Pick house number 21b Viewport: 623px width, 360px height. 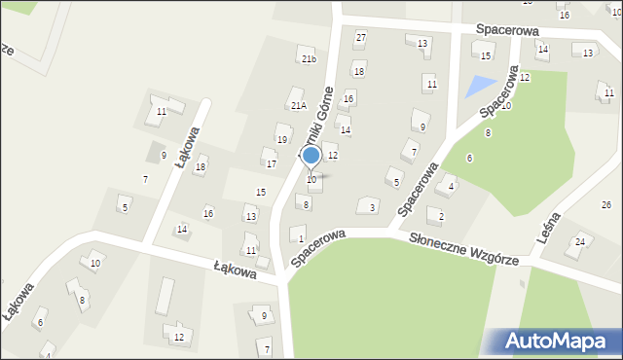point(309,59)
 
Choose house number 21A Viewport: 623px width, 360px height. point(298,105)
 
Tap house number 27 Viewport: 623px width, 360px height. point(360,38)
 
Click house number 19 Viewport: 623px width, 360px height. point(281,140)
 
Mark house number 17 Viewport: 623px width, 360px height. point(272,163)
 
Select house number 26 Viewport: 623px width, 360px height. point(605,205)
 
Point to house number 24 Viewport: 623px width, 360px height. point(580,241)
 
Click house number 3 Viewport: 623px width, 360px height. point(372,207)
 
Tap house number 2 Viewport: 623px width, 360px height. point(441,216)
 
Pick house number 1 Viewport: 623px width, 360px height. point(301,238)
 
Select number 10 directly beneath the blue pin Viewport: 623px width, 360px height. point(311,180)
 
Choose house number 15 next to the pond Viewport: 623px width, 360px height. point(486,56)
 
